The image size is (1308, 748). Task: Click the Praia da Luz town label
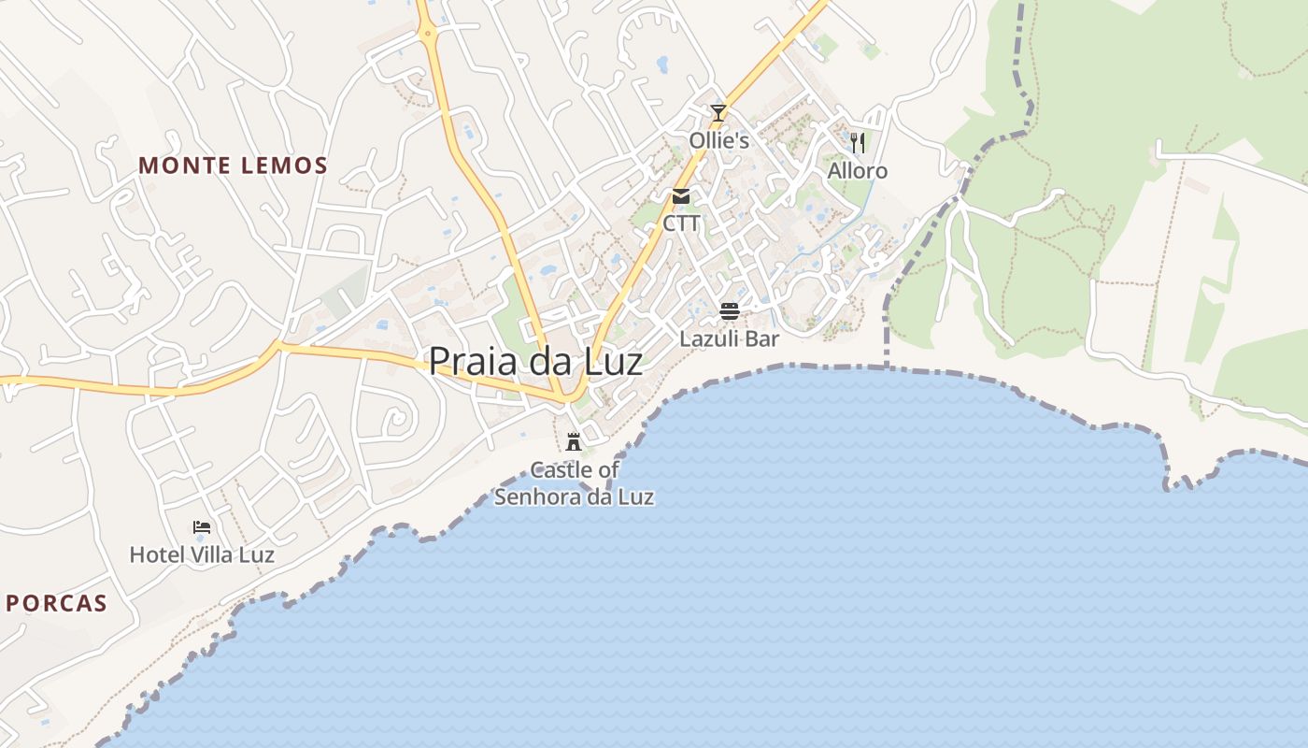[535, 362]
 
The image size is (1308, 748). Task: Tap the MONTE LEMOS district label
[233, 166]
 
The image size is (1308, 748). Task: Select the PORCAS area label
[57, 603]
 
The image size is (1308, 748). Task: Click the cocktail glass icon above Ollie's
[718, 114]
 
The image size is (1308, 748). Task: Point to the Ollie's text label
[719, 141]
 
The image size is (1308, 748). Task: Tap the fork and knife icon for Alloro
[858, 143]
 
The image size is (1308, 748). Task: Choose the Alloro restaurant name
[858, 171]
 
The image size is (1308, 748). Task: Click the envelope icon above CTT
[681, 196]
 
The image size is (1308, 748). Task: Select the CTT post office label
[681, 223]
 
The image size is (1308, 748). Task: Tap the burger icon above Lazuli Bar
[730, 311]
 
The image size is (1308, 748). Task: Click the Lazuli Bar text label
[729, 338]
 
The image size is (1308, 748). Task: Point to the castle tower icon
[574, 442]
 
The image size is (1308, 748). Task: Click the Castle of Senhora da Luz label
[574, 483]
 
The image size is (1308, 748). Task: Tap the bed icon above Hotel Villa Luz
[202, 527]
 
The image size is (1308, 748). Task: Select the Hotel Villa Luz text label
[202, 554]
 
